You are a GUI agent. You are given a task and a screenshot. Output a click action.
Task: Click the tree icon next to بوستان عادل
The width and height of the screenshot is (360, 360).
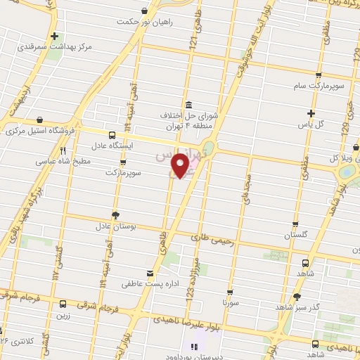click(115, 214)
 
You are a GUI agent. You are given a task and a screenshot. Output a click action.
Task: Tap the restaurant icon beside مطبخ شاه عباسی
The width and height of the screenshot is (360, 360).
click(63, 150)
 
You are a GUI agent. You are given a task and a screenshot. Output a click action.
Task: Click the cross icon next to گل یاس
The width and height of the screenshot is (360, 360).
click(311, 113)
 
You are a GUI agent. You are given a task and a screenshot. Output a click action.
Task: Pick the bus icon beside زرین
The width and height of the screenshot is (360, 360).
click(64, 304)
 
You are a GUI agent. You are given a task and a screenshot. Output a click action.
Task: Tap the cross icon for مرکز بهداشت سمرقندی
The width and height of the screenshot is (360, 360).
click(54, 36)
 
